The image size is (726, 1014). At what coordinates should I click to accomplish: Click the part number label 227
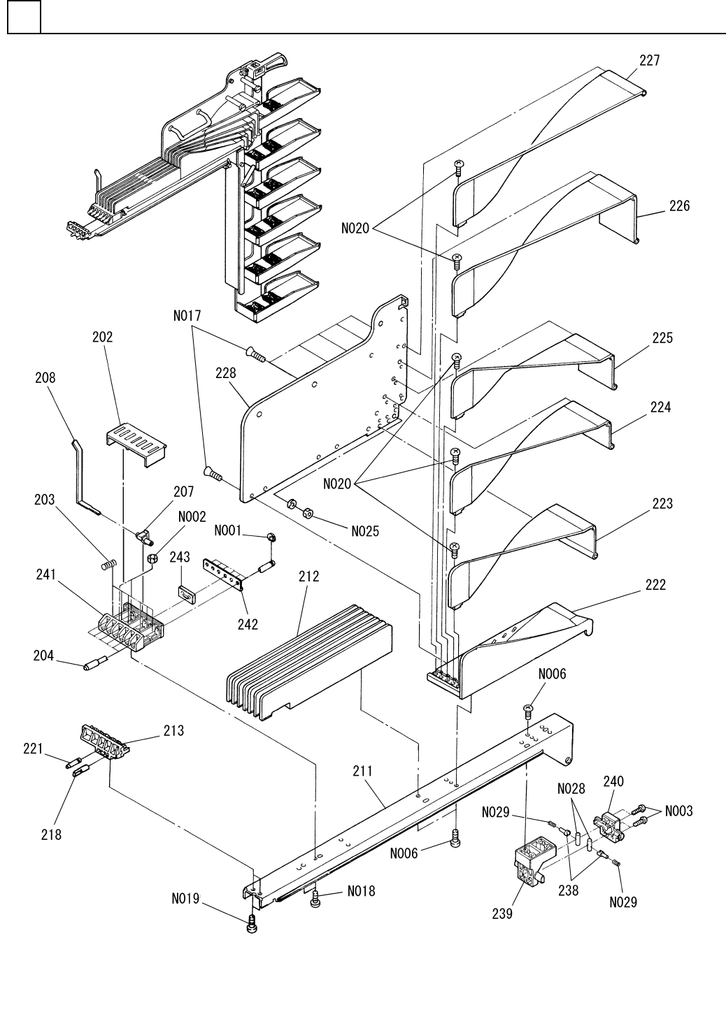[x=649, y=61]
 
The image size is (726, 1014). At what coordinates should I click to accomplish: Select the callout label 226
[x=678, y=205]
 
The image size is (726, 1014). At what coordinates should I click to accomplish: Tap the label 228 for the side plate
[x=225, y=375]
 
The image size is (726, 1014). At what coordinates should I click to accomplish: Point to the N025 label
[x=365, y=531]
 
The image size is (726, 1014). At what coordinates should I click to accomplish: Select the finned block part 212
[x=308, y=664]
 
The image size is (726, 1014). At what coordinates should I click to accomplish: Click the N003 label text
[x=678, y=811]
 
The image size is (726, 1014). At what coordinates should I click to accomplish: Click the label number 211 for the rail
[x=362, y=772]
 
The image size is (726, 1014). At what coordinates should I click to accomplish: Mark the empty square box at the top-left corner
[x=24, y=17]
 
